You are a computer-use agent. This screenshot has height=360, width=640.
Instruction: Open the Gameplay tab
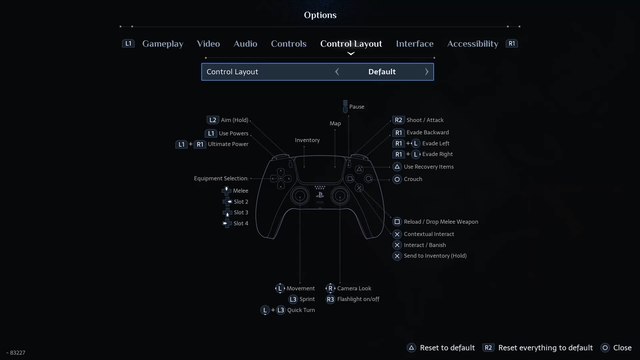coord(163,44)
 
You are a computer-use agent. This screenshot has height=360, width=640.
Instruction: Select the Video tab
coord(208,44)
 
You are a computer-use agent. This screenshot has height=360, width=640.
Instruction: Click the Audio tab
coord(245,44)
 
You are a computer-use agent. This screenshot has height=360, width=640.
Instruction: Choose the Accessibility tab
coord(473,44)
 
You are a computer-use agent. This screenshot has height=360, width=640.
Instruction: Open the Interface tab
coord(415,44)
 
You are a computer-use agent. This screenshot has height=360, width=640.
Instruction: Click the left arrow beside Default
coord(337,72)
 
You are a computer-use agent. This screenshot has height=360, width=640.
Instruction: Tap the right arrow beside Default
coord(427,72)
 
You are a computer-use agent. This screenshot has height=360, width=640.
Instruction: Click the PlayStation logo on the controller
coord(320,195)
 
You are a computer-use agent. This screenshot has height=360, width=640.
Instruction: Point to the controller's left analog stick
coord(300,196)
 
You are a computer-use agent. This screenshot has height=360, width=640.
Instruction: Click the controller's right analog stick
coord(340,196)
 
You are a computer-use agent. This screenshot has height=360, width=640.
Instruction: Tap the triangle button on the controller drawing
coord(359,169)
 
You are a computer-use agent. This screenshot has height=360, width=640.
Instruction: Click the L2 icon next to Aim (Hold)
coord(213,120)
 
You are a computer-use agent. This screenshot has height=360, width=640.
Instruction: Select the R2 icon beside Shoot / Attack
coord(398,120)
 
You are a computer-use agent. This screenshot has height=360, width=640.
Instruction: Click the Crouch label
coord(413,179)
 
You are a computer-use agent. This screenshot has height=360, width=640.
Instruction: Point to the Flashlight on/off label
coord(358,299)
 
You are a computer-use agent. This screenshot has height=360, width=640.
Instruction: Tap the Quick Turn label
coord(301,310)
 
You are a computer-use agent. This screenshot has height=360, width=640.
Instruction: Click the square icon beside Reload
coord(397,222)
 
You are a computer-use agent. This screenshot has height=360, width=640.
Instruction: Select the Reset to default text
coord(447,348)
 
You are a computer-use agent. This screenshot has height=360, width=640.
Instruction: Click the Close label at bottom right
coord(622,348)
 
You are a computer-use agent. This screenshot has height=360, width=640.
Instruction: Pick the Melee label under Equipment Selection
coord(241,191)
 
